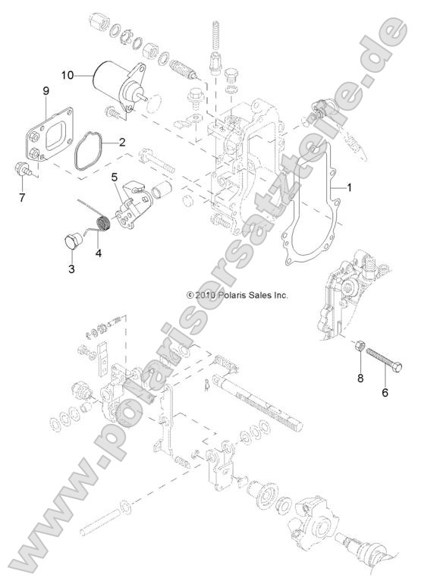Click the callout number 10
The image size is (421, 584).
coord(67,75)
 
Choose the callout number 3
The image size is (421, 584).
coord(72,268)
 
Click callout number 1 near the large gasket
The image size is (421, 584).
coord(350,185)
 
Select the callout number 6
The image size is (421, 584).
coord(385,394)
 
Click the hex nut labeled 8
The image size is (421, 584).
coord(360,347)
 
